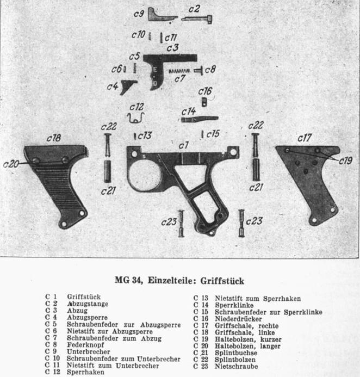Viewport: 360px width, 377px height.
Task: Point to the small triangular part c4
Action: click(129, 85)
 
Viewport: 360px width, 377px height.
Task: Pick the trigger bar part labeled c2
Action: click(197, 18)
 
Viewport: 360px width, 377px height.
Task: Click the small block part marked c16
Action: click(204, 102)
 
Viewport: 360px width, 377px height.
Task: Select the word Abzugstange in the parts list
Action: click(85, 305)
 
